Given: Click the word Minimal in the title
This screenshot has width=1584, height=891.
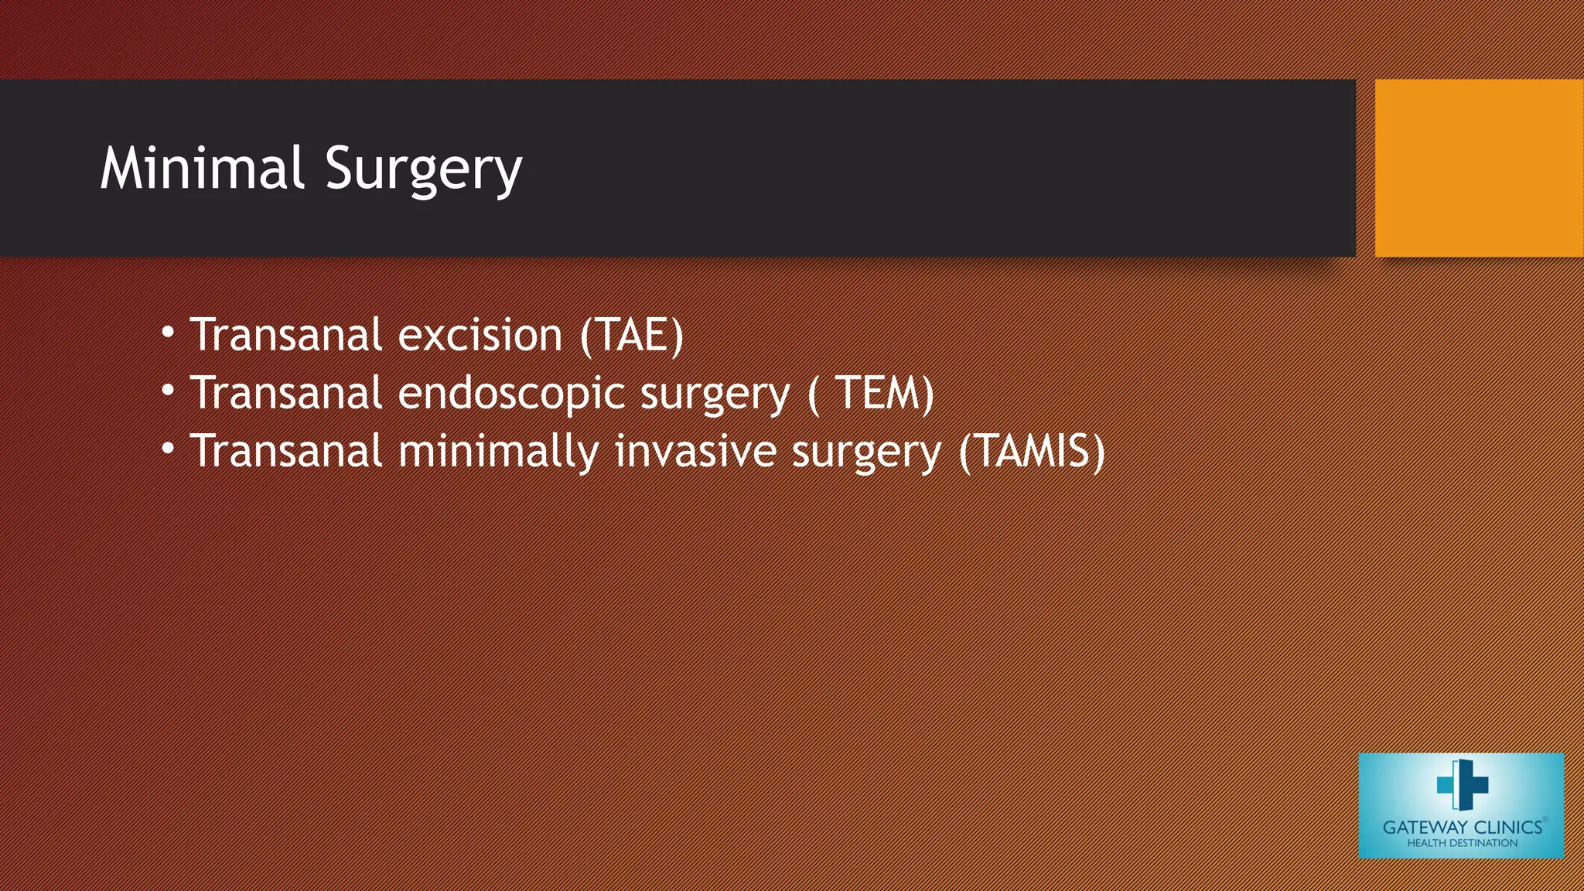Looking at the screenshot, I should tap(202, 168).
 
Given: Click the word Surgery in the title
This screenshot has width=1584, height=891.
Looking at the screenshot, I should tap(423, 169).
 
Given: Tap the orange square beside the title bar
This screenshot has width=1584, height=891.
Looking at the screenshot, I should tap(1479, 168).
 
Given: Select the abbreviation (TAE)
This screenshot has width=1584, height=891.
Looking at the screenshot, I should tap(632, 335).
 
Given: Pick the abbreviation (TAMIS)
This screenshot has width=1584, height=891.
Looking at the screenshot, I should tap(1032, 451).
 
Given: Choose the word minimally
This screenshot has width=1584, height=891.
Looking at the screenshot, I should tap(498, 452).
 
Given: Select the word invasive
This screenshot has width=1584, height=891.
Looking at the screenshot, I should tap(695, 451).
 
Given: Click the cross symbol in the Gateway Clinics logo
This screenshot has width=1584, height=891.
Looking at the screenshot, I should tap(1462, 784).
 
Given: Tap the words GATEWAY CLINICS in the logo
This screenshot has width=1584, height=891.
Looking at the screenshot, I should tap(1462, 827).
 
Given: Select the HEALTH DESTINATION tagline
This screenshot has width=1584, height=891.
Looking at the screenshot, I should tap(1462, 843).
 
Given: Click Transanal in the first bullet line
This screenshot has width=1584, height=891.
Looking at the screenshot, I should tap(286, 335).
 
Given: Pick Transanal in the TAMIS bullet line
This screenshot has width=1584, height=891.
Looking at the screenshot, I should tap(286, 451).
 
